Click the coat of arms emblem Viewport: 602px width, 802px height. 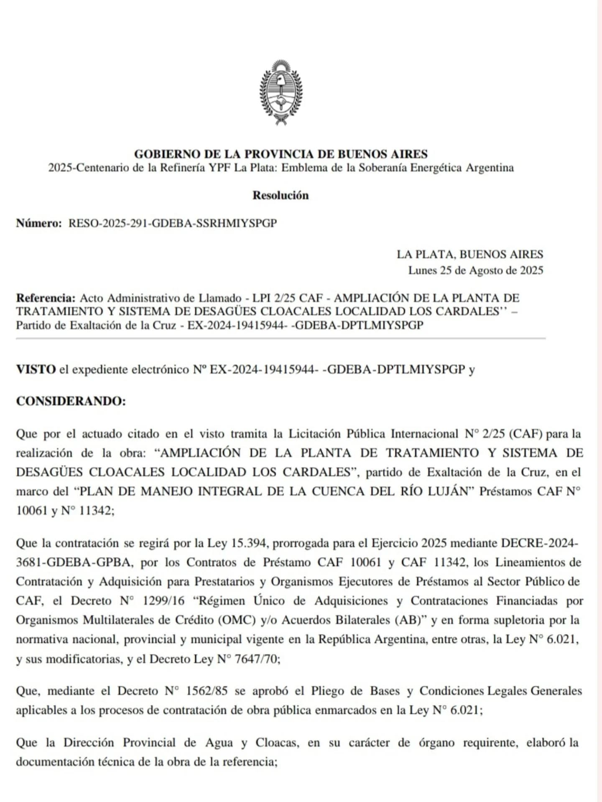click(281, 92)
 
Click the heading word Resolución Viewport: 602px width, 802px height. click(281, 196)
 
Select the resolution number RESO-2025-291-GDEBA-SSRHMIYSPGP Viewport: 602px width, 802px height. click(172, 223)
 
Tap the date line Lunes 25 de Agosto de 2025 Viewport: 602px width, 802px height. click(475, 270)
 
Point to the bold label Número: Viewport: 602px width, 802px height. click(39, 223)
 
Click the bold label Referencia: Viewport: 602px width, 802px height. click(46, 298)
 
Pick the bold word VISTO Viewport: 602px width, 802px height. click(36, 369)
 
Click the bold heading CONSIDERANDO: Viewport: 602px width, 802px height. click(71, 401)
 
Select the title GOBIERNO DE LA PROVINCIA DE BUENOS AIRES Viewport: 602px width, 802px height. click(281, 154)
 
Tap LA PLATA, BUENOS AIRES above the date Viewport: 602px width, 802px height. click(469, 254)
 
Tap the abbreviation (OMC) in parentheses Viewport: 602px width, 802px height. click(237, 620)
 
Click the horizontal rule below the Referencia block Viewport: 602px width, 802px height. click(281, 339)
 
